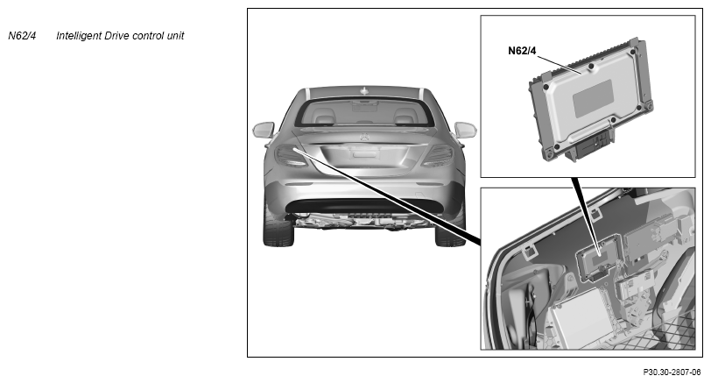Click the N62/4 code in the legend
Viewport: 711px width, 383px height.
(22, 36)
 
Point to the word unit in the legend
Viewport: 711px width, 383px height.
(175, 36)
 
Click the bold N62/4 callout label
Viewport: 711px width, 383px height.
(522, 51)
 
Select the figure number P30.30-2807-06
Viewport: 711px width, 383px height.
(672, 372)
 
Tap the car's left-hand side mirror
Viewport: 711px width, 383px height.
(264, 130)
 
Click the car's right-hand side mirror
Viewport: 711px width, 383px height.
(465, 130)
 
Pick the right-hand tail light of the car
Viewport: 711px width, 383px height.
(439, 156)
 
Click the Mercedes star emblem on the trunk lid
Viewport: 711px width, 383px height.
(364, 137)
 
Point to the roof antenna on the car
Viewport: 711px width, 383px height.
(363, 91)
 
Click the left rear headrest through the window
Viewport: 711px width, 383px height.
(325, 119)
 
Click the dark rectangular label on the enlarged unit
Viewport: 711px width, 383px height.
(593, 98)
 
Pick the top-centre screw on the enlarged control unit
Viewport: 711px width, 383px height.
(591, 67)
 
